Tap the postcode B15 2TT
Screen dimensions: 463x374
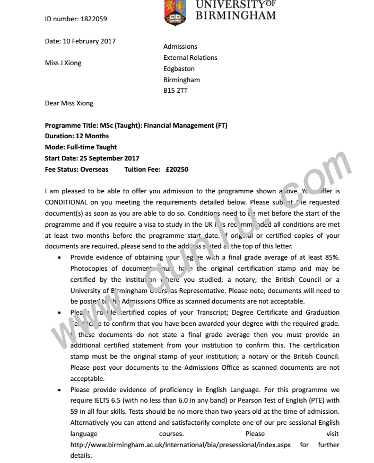(x=175, y=91)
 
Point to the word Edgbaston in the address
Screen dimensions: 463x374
(x=179, y=68)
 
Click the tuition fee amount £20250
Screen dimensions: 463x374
(x=177, y=170)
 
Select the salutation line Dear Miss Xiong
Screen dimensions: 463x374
(x=69, y=103)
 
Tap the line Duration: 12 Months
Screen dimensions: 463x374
(x=77, y=136)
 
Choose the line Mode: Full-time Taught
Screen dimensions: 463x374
(x=81, y=147)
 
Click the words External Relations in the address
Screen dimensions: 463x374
(x=190, y=57)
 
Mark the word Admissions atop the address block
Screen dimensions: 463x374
(x=180, y=47)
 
